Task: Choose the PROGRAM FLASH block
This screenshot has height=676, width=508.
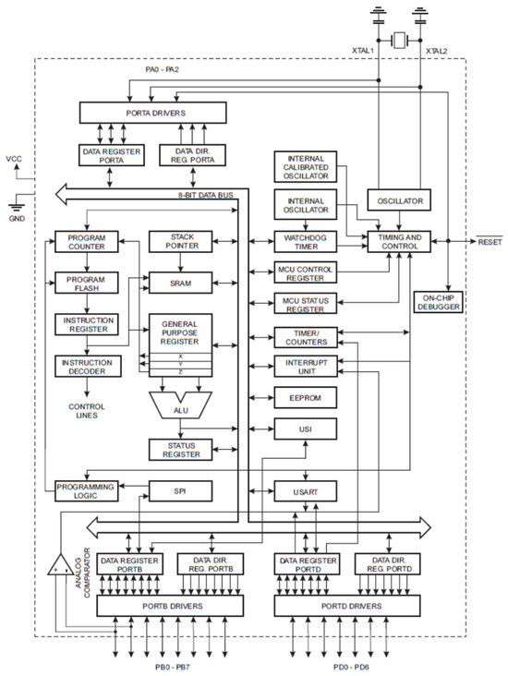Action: [86, 282]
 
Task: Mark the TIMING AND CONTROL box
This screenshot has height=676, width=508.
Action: [400, 243]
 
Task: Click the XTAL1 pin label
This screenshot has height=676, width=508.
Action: [362, 51]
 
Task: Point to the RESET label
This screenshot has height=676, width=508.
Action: [489, 241]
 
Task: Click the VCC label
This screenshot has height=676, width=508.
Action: [14, 159]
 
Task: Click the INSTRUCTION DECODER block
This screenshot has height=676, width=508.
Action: [86, 366]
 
